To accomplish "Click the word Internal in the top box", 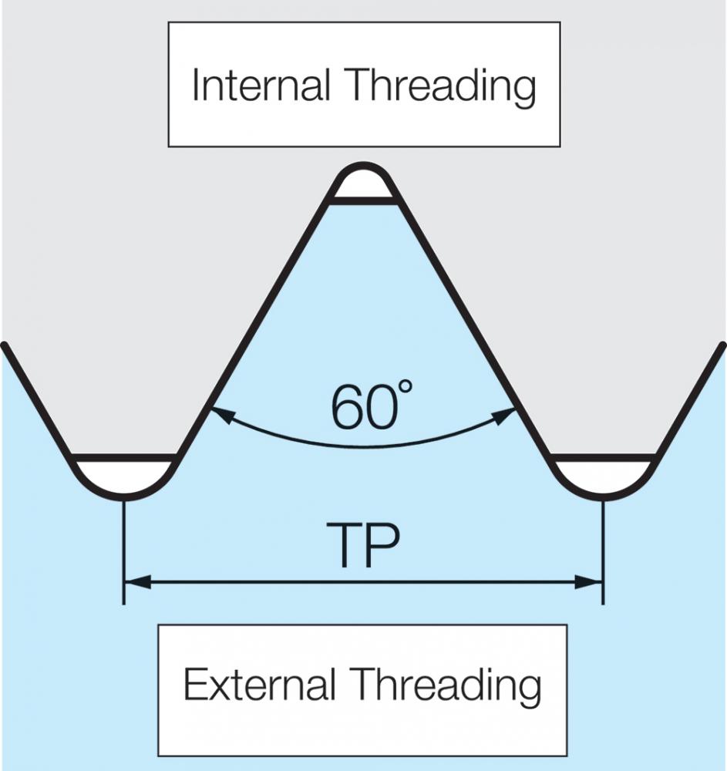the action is (x=261, y=85).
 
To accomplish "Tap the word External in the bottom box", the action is (x=259, y=684).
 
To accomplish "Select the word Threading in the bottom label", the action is (x=446, y=686).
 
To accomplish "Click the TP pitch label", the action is (x=363, y=546).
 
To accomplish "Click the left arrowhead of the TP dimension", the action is (x=138, y=582).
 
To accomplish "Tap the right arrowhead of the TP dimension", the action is (x=588, y=582).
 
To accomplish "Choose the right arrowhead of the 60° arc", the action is (x=505, y=416).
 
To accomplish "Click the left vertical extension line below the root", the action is (x=124, y=552).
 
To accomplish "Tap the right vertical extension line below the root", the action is (x=603, y=552).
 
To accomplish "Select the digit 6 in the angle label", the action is (x=347, y=408).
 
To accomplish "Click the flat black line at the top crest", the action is (x=363, y=200).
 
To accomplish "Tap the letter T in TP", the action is (x=344, y=546).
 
